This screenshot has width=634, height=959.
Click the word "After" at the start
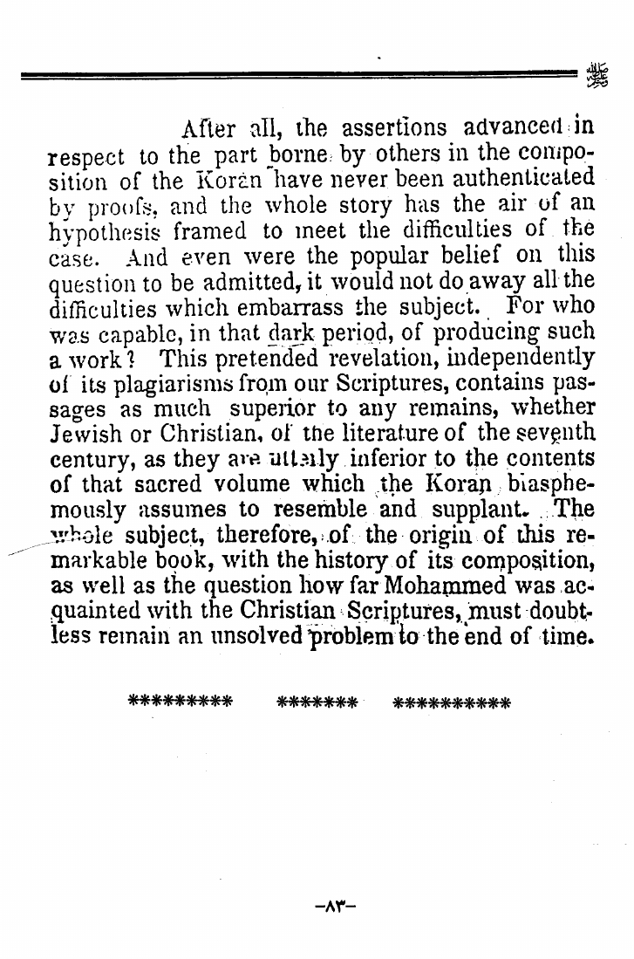pyautogui.click(x=208, y=130)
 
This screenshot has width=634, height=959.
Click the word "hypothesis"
pyautogui.click(x=106, y=234)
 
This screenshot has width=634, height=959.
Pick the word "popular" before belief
pyautogui.click(x=374, y=259)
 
